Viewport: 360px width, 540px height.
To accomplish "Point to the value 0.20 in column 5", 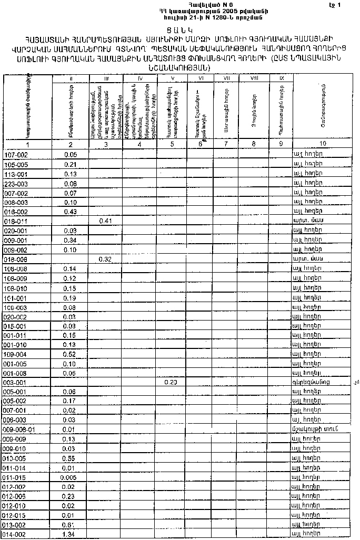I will [171, 382].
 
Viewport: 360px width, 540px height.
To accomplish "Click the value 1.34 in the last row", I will [70, 534].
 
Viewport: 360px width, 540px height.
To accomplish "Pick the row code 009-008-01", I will [19, 429].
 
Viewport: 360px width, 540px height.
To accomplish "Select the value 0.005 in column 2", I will [70, 477].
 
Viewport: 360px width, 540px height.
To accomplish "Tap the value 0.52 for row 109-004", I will [70, 354].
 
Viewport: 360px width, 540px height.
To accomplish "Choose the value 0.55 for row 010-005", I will [70, 458].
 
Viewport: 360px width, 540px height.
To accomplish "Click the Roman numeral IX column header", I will [281, 78].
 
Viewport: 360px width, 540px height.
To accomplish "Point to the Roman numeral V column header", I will [173, 78].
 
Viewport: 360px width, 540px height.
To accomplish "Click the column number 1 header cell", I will [27, 144].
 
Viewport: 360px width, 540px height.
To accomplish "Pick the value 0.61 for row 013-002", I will [70, 525].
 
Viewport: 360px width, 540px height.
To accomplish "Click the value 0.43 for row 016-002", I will [70, 212].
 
